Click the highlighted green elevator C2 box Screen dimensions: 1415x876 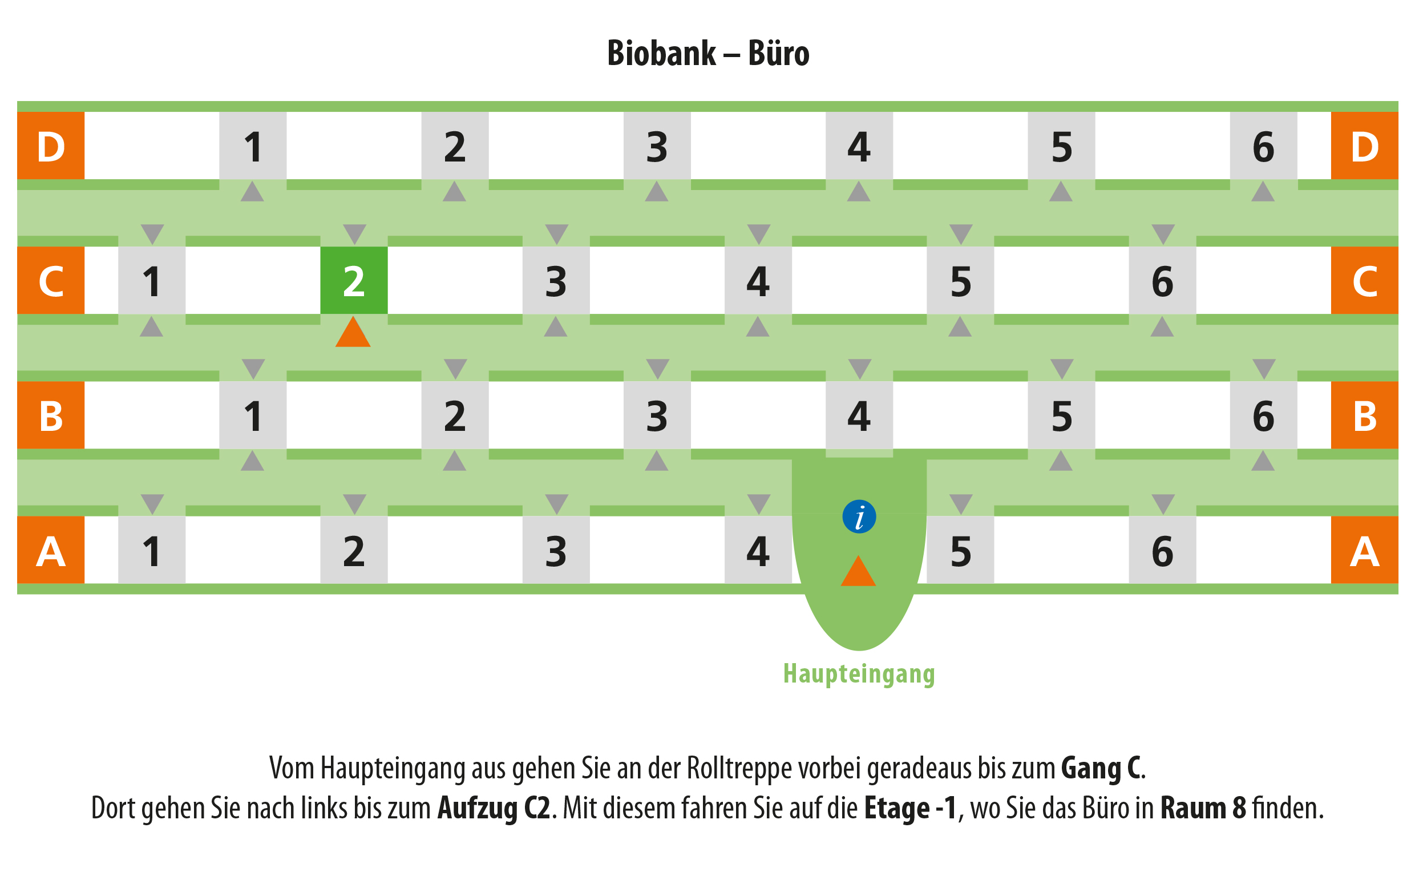pos(354,280)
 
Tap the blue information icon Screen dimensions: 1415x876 pos(859,516)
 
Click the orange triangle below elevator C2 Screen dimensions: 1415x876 pos(353,332)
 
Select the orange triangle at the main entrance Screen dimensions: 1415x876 pos(858,571)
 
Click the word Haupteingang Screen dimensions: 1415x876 pos(859,673)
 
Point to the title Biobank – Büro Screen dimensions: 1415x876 pos(708,53)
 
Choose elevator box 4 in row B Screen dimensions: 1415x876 pos(859,415)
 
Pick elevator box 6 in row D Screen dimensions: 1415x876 pos(1263,146)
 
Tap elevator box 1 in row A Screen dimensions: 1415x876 pos(152,550)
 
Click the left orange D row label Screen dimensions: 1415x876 pos(51,146)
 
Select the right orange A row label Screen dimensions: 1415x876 pos(1364,550)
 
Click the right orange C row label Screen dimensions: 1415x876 pos(1364,280)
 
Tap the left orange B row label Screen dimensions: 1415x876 pos(51,415)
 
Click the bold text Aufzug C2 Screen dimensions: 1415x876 pos(494,808)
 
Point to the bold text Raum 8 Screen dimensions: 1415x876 pos(1203,808)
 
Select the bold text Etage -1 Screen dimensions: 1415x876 pos(911,808)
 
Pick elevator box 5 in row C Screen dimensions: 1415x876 pos(960,280)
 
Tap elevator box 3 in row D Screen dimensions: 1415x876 pos(657,146)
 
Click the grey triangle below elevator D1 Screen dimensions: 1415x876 pos(252,191)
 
